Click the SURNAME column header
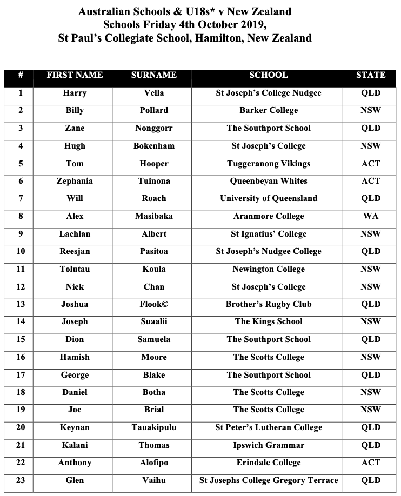click(x=153, y=75)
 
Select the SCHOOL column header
click(x=268, y=75)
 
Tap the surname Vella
click(x=153, y=93)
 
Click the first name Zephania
click(x=75, y=181)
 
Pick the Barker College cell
click(x=268, y=110)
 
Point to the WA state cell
click(x=371, y=216)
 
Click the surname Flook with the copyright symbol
click(x=153, y=304)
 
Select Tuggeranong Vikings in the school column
click(x=268, y=163)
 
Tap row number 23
click(x=21, y=480)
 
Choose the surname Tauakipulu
click(x=153, y=427)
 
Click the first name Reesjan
click(x=75, y=251)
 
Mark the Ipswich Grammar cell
click(x=268, y=445)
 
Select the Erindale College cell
click(x=268, y=463)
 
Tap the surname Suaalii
click(x=153, y=321)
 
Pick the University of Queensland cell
click(x=268, y=198)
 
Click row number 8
click(x=21, y=216)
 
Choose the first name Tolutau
click(x=75, y=269)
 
